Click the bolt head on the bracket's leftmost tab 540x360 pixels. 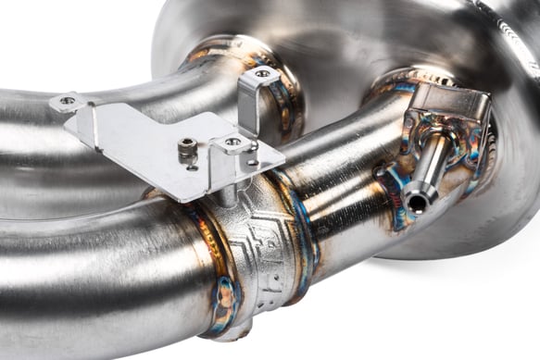tap(67, 100)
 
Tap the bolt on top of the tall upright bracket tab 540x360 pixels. tap(263, 73)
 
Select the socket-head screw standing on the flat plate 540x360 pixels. tap(188, 148)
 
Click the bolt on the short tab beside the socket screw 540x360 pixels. tap(232, 142)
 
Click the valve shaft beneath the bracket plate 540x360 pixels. tap(228, 192)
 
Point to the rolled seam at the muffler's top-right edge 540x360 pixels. tap(514, 37)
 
